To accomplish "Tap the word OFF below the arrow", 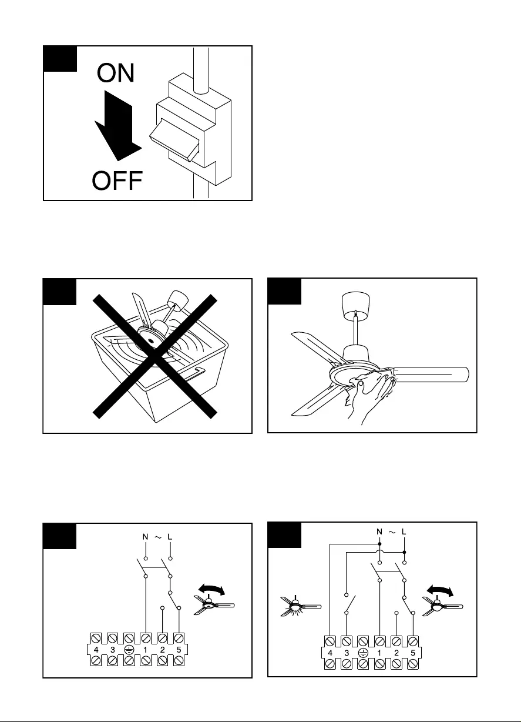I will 117,181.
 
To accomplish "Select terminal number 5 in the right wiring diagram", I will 413,653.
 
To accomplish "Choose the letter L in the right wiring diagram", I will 405,532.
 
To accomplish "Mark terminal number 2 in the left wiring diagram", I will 162,650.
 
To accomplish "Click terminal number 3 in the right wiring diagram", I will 348,653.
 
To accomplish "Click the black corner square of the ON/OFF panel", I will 60,59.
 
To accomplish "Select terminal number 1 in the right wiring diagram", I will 380,653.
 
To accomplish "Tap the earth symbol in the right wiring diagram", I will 364,653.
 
